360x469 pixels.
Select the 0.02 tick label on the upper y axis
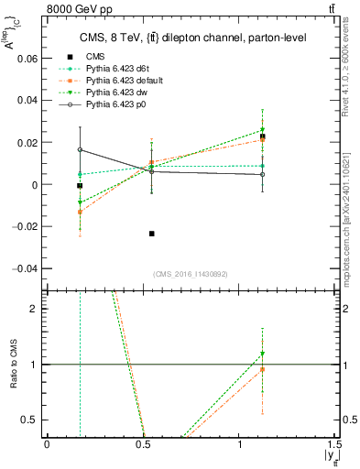pos(27,142)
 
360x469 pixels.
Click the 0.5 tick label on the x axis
pos(143,443)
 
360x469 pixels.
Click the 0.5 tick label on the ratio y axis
pos(31,420)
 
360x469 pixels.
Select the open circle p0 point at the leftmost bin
pos(80,149)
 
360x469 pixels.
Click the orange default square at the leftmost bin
pos(80,212)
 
